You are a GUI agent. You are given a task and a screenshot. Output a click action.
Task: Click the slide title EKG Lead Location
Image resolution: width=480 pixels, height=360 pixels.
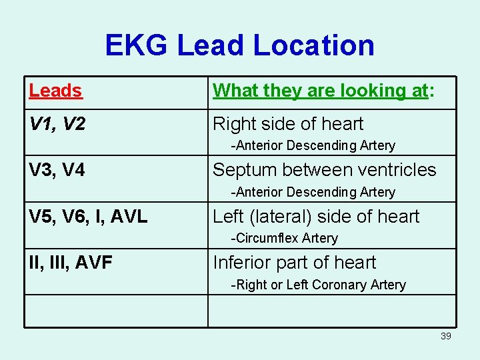tap(239, 45)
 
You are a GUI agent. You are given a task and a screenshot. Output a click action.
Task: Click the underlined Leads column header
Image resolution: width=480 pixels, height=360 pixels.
tap(55, 91)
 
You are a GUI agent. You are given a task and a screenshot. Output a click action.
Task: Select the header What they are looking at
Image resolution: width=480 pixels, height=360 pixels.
tap(323, 91)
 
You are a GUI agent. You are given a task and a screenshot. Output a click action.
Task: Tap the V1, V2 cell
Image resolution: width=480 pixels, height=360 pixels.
tap(57, 124)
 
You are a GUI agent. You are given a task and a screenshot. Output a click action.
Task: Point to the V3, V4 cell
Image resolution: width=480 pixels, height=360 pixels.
tap(57, 170)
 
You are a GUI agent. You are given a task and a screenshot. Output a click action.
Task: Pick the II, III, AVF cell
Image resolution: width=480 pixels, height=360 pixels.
tap(70, 263)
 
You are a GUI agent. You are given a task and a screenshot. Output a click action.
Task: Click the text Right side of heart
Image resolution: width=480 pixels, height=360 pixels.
tap(288, 124)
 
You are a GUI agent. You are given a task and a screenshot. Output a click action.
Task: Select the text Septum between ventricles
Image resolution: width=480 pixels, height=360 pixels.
tap(324, 170)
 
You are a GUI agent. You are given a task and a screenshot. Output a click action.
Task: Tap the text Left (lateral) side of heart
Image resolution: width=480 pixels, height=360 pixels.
tap(316, 217)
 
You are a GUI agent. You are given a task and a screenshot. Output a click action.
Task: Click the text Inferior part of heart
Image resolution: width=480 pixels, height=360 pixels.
tap(294, 263)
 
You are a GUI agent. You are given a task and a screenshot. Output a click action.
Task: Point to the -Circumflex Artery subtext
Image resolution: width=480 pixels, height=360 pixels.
tap(284, 238)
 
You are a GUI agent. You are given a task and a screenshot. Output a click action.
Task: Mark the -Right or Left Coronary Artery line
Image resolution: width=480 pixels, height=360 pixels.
tap(318, 285)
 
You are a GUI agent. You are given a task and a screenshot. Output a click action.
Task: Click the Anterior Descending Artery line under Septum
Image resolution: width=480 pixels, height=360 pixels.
tap(313, 192)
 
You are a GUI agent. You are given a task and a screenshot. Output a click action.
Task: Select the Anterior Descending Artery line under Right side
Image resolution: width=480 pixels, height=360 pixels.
tap(313, 145)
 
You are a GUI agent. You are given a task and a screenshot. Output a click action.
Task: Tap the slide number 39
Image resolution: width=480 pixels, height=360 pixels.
tap(446, 336)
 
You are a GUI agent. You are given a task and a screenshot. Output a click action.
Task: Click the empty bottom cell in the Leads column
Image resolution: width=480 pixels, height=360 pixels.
tap(116, 311)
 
